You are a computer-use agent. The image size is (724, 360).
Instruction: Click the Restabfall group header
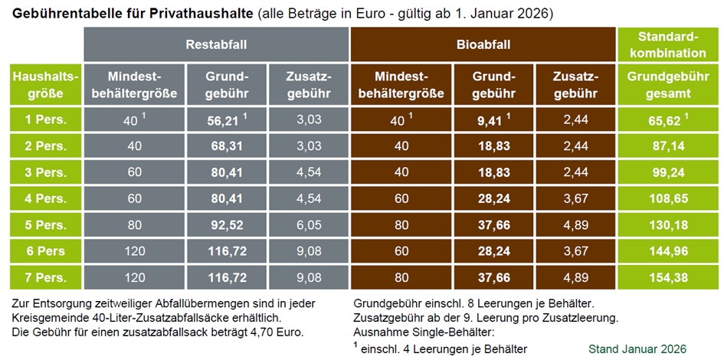(216, 44)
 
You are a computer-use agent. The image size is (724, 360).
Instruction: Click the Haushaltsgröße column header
(44, 85)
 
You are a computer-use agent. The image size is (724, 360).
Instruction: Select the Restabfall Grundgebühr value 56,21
(224, 119)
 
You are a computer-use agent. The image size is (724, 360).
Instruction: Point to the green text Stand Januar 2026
(637, 349)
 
